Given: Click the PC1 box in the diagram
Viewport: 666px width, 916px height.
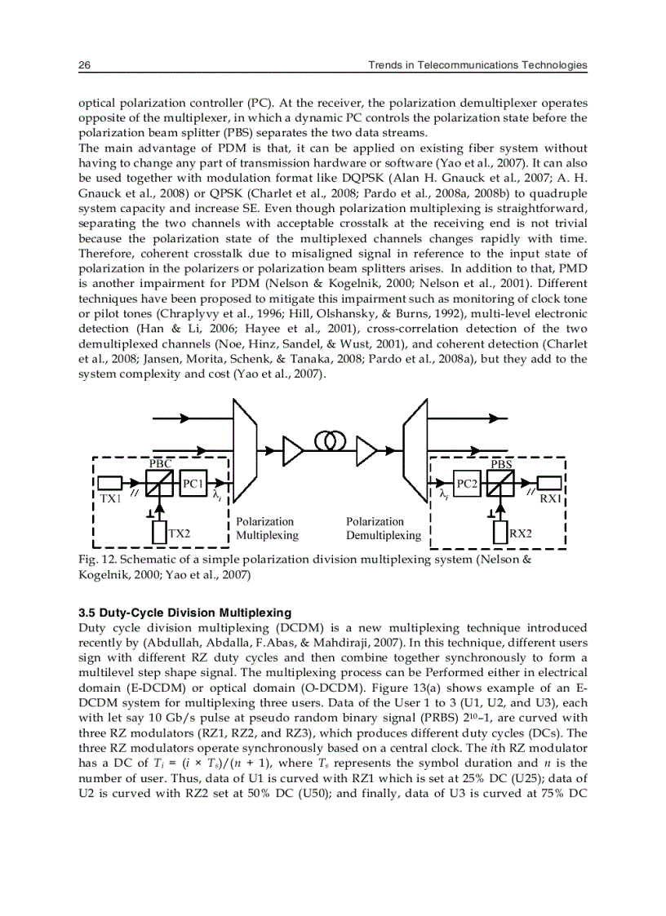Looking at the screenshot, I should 193,483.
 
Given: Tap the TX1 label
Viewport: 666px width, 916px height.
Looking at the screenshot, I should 110,497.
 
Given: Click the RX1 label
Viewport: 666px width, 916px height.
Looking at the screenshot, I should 551,498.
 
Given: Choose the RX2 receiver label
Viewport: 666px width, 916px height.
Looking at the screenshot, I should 520,533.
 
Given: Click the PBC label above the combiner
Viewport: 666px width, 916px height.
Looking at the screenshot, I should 160,463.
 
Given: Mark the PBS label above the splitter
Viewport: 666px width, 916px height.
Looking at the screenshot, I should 502,463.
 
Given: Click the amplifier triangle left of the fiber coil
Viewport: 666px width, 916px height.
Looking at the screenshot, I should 291,448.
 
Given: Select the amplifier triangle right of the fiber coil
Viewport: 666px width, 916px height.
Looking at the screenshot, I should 366,448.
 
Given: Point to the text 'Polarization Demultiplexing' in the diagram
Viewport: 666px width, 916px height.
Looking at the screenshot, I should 384,529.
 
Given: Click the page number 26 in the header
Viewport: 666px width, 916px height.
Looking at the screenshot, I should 84,64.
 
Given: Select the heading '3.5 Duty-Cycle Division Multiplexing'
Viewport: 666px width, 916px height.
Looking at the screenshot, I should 184,612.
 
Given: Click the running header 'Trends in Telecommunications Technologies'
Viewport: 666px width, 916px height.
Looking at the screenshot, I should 477,64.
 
